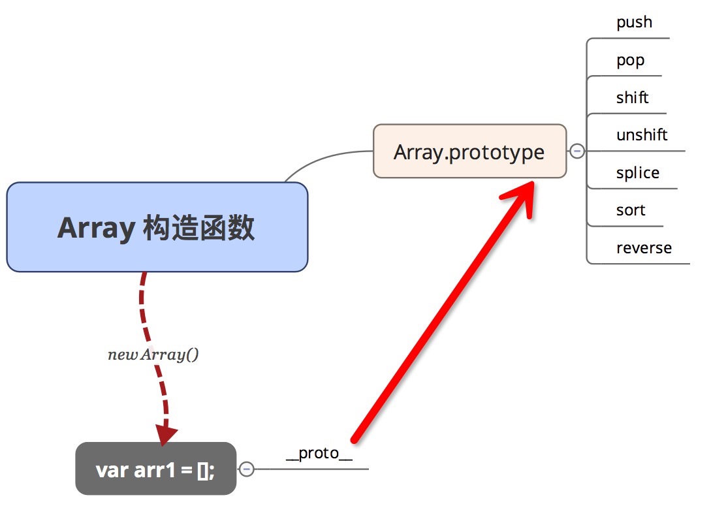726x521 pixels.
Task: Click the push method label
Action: pyautogui.click(x=634, y=22)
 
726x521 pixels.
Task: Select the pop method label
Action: pyautogui.click(x=630, y=60)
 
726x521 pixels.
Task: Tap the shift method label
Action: pyautogui.click(x=632, y=98)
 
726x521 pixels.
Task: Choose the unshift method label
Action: pyautogui.click(x=642, y=135)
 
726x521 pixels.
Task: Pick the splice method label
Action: pyautogui.click(x=637, y=173)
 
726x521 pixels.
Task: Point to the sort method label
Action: pyautogui.click(x=631, y=210)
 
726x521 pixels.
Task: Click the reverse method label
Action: pyautogui.click(x=644, y=248)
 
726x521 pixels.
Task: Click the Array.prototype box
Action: pyautogui.click(x=469, y=151)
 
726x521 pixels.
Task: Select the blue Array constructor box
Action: pyautogui.click(x=157, y=227)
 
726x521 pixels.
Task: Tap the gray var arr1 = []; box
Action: pyautogui.click(x=155, y=469)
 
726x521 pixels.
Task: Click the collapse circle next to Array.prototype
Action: pyautogui.click(x=577, y=151)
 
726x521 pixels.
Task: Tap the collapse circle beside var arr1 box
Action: pyautogui.click(x=247, y=469)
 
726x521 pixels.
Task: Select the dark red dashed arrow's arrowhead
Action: pyautogui.click(x=166, y=434)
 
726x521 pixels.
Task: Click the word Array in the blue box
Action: pyautogui.click(x=95, y=229)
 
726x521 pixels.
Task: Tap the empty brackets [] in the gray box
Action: pyautogui.click(x=204, y=470)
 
